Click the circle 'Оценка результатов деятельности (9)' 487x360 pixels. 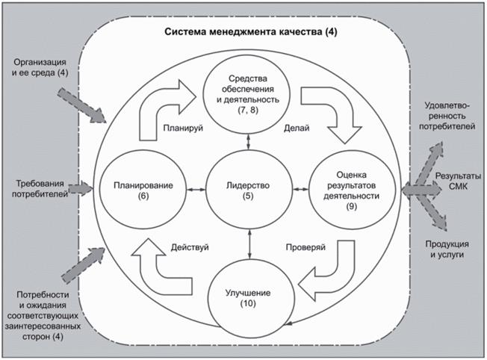tap(354, 190)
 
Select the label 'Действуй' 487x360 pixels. tap(190, 246)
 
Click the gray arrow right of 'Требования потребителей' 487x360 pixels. tap(84, 189)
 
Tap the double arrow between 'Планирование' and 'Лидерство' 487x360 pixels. tap(196, 190)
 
